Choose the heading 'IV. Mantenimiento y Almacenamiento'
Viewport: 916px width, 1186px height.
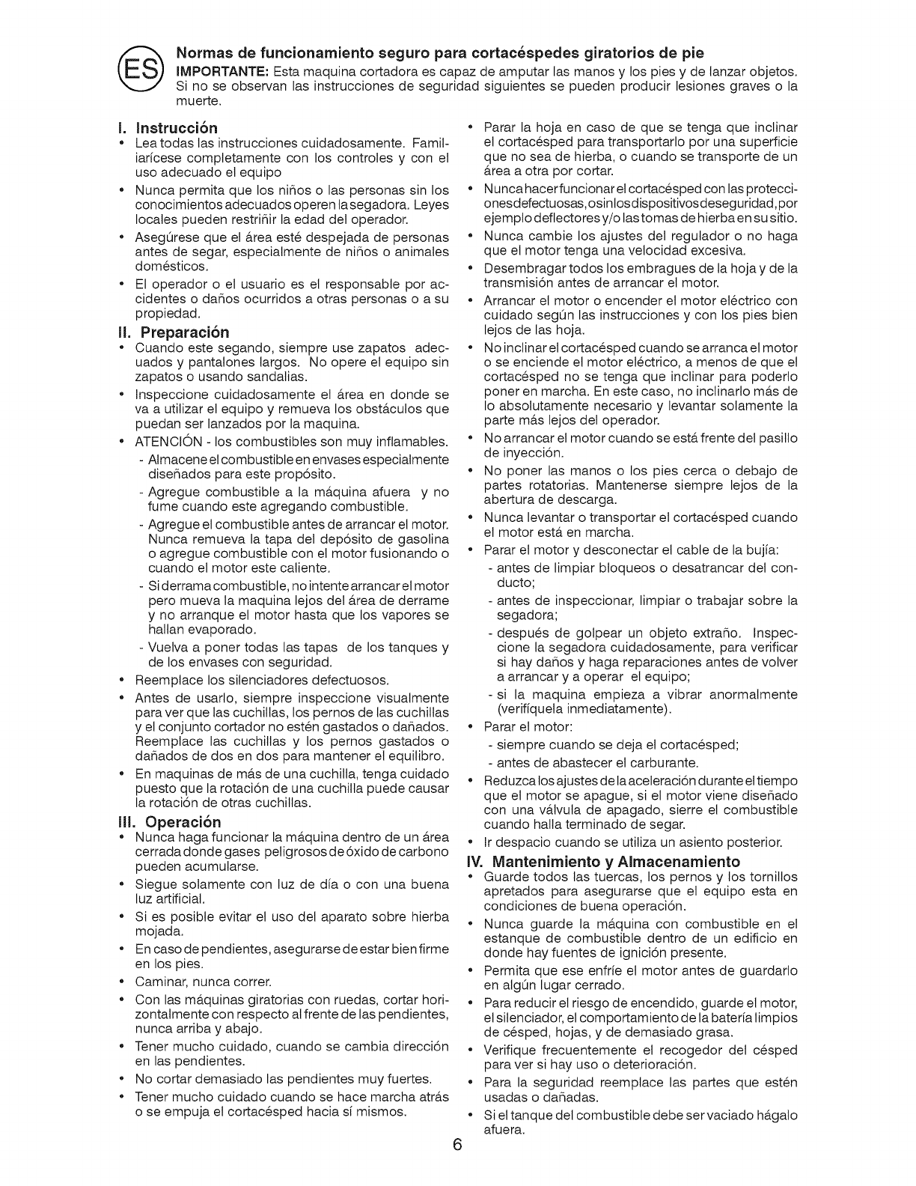coord(603,861)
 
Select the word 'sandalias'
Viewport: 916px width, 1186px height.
coord(258,376)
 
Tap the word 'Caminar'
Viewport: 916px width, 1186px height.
coord(159,982)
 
